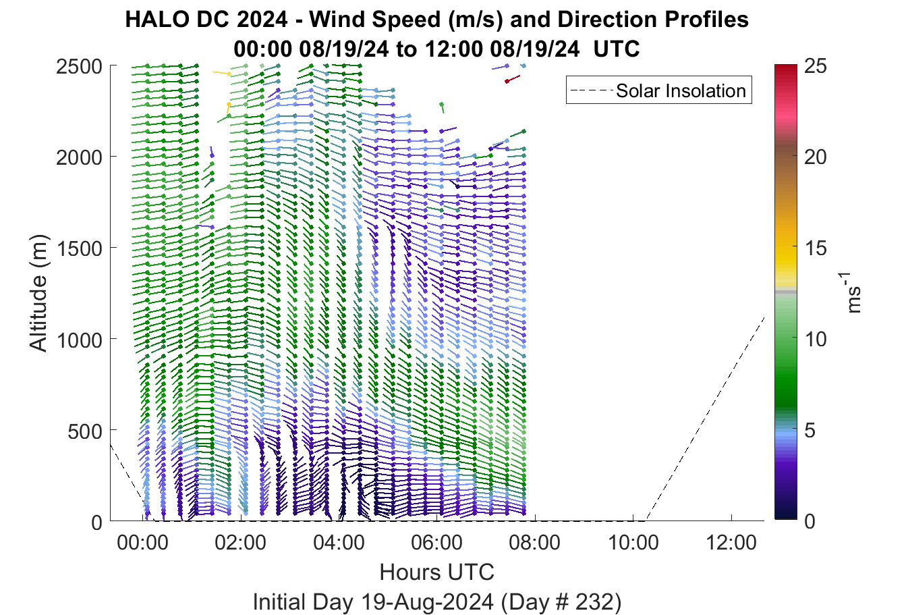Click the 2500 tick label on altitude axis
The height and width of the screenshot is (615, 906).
[x=79, y=66]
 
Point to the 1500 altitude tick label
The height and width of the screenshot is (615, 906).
[x=80, y=248]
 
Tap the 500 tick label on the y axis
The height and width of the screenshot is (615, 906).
[x=85, y=431]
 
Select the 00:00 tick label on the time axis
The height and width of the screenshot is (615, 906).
[x=142, y=543]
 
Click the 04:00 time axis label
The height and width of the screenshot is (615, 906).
[x=339, y=543]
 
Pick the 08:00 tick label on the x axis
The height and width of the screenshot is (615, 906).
[x=535, y=543]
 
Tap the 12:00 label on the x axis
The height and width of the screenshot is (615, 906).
[x=731, y=543]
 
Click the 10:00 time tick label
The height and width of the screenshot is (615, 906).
[x=633, y=543]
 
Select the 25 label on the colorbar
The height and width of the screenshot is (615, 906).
[x=816, y=65]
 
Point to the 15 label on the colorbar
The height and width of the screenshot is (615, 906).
[x=816, y=248]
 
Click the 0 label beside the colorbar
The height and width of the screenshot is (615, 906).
[x=810, y=521]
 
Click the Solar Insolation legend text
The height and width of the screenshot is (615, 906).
[x=681, y=90]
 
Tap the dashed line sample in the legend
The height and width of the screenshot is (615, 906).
[x=591, y=90]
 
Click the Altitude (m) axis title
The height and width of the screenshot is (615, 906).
[x=39, y=294]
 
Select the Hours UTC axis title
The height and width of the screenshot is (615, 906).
[x=437, y=572]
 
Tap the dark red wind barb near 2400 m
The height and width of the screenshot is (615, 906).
[x=513, y=79]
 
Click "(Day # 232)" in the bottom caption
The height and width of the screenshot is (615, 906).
[x=561, y=602]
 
